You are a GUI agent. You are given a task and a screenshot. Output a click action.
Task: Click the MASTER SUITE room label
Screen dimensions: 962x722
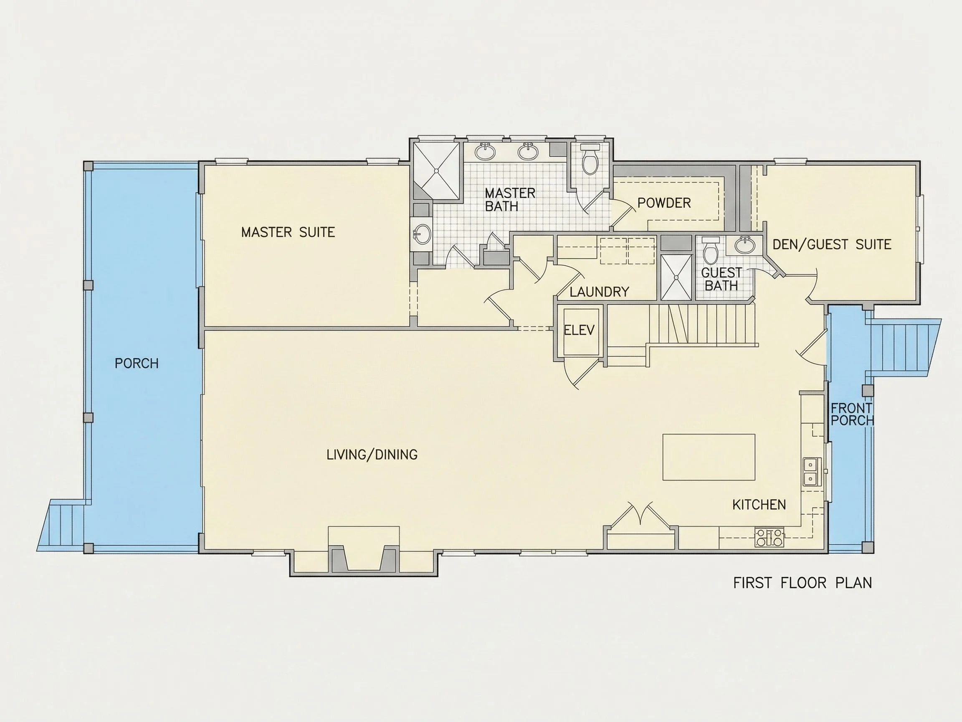(288, 232)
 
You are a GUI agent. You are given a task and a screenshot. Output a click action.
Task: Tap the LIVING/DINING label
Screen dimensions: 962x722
(372, 454)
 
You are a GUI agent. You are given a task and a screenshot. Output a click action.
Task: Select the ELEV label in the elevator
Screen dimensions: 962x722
(579, 330)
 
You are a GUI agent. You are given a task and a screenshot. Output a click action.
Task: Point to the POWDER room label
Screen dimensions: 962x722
(664, 203)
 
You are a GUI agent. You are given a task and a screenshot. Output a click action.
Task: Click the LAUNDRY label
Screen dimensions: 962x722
(599, 292)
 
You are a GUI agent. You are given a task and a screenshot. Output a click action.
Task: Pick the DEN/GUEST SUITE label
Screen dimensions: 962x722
(832, 244)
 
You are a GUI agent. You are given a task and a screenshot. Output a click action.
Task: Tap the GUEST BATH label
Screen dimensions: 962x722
(721, 279)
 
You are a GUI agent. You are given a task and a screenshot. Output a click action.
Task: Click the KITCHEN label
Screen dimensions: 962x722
(759, 505)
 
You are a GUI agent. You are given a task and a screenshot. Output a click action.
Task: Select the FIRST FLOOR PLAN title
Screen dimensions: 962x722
(803, 583)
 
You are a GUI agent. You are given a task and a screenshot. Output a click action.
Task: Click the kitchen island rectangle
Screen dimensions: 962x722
(709, 457)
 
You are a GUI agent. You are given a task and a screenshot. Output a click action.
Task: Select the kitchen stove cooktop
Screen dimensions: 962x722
(769, 537)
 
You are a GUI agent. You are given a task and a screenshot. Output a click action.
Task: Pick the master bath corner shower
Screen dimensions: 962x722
(436, 171)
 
